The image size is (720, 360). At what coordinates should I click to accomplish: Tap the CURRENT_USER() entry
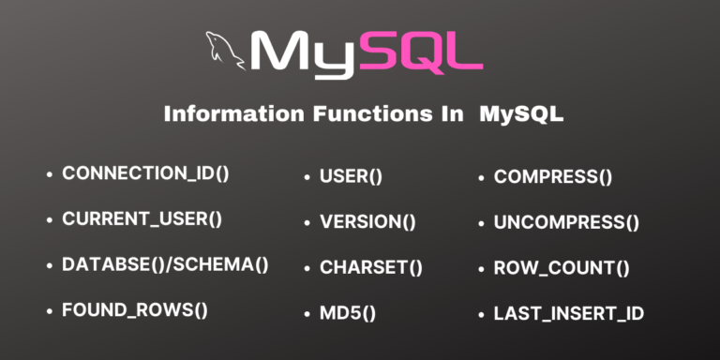[x=142, y=219]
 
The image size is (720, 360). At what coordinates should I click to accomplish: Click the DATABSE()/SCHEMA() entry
[x=165, y=264]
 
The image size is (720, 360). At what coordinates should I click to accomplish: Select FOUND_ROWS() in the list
[x=134, y=310]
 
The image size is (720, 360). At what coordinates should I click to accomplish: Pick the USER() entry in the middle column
[x=351, y=175]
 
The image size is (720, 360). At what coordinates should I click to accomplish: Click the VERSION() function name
[x=367, y=222]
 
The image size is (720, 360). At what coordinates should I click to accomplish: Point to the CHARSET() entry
[x=370, y=267]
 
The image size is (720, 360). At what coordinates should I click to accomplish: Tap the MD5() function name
[x=347, y=313]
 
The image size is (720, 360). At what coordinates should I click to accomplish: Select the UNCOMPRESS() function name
[x=565, y=222]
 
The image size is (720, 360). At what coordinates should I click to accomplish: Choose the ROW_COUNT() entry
[x=561, y=267]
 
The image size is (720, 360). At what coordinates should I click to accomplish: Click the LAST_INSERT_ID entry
[x=568, y=313]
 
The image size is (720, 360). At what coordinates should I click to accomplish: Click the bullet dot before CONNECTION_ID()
[x=49, y=174]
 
